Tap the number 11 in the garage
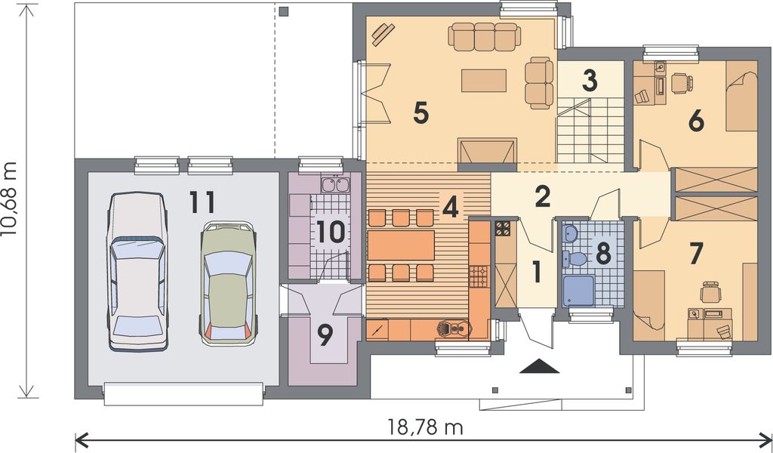pos(202,202)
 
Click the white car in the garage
pos(137,272)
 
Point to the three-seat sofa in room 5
pos(483,35)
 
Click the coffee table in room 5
pos(483,80)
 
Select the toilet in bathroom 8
pos(577,259)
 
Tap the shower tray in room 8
pos(578,291)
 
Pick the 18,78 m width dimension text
pos(425,428)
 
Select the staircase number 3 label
pos(590,79)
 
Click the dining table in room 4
pos(401,245)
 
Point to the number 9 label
pos(325,335)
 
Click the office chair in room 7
pos(710,291)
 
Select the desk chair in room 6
pos(681,82)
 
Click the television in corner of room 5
pos(383,34)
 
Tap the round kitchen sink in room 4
pos(451,328)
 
